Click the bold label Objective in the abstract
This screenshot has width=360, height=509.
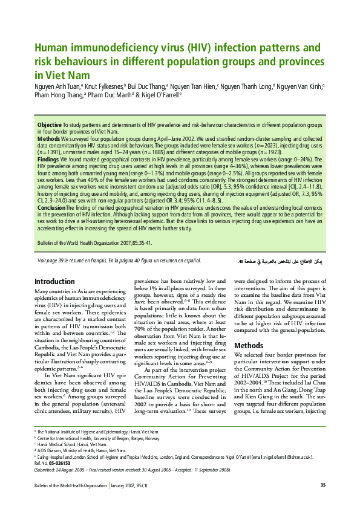point(50,125)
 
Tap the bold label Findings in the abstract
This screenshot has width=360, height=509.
point(50,159)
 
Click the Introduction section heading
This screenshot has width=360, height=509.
point(54,281)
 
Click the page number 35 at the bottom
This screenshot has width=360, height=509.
point(322,485)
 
